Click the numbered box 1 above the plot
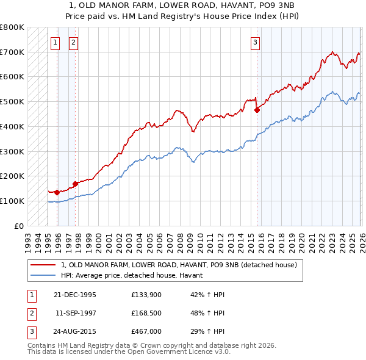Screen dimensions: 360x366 56,42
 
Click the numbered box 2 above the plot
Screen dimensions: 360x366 73,42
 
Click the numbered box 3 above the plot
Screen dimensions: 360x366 254,42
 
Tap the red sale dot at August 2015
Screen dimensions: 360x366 257,110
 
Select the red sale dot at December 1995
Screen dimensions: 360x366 57,192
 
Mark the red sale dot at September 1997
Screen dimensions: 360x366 75,184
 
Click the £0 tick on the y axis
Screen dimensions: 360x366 19,226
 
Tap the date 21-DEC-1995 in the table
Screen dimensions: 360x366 74,295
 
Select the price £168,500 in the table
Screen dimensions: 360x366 146,313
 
